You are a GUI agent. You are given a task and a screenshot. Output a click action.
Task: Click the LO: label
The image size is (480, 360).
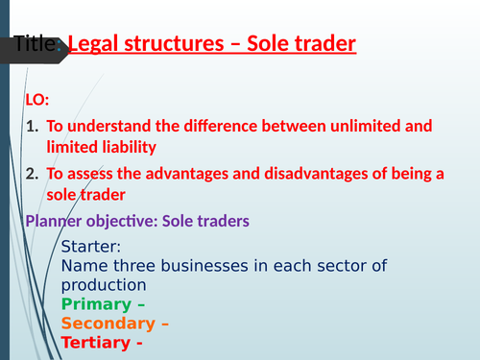click(x=36, y=100)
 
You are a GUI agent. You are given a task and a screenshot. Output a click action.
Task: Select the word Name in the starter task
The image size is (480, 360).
click(x=82, y=266)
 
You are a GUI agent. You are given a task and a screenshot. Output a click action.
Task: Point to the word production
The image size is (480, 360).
click(x=103, y=285)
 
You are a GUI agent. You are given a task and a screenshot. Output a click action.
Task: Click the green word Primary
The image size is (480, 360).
click(x=93, y=304)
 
